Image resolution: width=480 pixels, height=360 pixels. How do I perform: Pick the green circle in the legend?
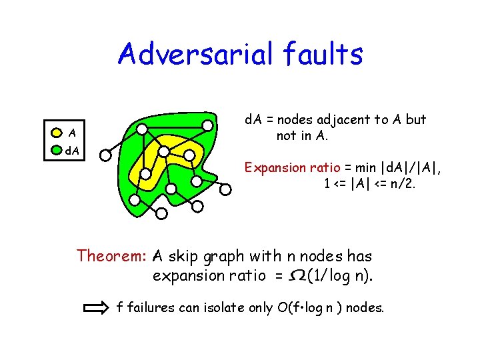click(x=57, y=151)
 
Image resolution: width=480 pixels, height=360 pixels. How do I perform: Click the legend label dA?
click(x=72, y=151)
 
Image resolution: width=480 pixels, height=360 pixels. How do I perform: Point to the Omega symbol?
click(x=298, y=275)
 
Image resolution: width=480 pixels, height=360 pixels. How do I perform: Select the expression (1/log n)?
click(x=340, y=275)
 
